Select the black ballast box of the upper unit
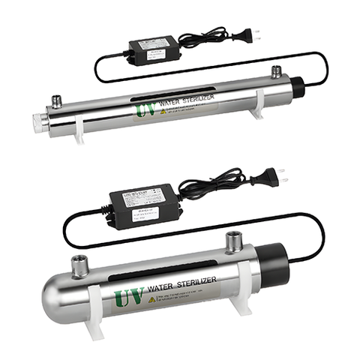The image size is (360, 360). pos(152,52)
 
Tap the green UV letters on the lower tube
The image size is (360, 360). pos(128,295)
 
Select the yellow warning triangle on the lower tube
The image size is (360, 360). pos(153,300)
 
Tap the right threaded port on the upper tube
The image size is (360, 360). pos(277,73)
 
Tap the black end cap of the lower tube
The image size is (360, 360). pos(269,268)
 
